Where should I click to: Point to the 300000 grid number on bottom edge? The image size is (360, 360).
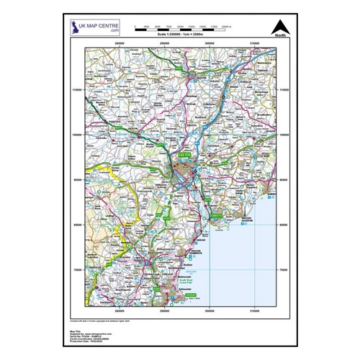pyautogui.click(x=210, y=312)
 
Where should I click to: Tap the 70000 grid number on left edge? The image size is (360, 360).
pyautogui.click(x=77, y=271)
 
